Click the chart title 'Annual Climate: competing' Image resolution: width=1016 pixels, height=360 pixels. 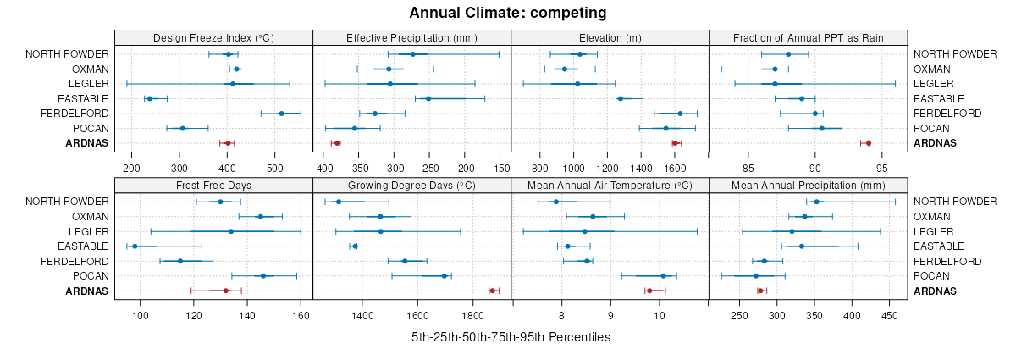pos(507,13)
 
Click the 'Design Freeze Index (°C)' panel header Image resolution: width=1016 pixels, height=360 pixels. pos(213,38)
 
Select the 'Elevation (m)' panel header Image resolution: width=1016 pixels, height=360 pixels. pos(610,38)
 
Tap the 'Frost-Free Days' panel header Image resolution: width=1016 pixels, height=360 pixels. pos(213,186)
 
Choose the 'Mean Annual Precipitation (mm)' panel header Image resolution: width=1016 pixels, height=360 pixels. pos(808,186)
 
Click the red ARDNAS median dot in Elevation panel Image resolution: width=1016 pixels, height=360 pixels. pos(675,143)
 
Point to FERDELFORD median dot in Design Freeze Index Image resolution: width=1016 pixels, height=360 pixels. pos(281,114)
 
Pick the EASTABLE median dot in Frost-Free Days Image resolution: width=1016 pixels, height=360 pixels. pos(135,246)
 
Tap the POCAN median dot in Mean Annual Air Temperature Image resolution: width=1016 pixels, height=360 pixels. pos(663,276)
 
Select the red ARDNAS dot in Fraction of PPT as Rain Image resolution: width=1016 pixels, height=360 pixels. pos(868,143)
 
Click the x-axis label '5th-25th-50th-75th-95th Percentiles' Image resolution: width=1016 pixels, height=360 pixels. pos(511,337)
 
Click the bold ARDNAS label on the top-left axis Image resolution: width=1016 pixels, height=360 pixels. pos(87,143)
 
